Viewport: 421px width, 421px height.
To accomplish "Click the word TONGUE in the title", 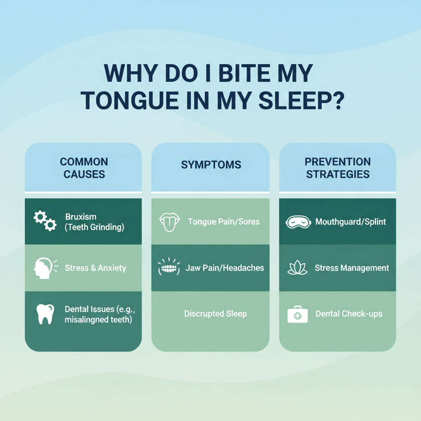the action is (130, 100).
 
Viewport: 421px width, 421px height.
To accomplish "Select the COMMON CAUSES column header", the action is (84, 168).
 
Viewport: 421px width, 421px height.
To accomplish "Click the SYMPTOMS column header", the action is (211, 165).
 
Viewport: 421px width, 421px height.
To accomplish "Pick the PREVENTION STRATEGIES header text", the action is (338, 168).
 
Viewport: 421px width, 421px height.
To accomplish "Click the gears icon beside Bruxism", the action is (45, 221).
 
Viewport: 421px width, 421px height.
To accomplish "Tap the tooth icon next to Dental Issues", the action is (45, 314).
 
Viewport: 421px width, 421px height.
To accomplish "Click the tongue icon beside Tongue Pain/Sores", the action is (169, 222).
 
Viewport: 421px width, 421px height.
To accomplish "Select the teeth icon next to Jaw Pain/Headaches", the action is (169, 266).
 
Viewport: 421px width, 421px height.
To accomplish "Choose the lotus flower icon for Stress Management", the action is (298, 267).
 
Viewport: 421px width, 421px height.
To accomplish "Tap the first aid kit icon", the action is (298, 314).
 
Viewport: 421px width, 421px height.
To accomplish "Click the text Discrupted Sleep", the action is (215, 314).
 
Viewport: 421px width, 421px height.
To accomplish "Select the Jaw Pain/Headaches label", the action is (225, 268).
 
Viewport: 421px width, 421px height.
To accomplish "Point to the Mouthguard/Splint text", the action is (351, 222).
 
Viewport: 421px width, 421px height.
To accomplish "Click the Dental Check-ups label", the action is (349, 314).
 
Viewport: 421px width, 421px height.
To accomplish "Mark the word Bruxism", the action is (81, 217).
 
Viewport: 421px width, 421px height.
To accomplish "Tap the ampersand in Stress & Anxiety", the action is (93, 268).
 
